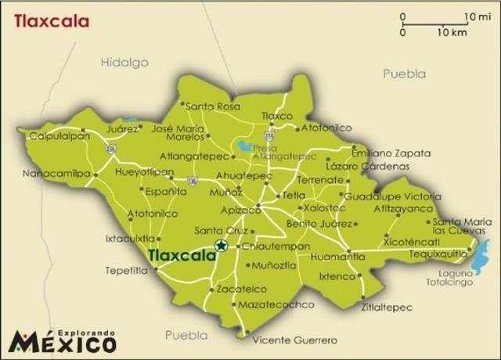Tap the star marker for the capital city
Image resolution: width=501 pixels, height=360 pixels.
(221, 247)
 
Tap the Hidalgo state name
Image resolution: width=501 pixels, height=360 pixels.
(124, 61)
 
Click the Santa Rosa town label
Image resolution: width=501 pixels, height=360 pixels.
(212, 106)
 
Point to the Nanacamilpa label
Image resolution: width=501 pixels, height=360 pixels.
(56, 173)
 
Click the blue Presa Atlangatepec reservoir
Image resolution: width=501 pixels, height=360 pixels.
(246, 146)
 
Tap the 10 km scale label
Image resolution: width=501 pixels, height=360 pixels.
(452, 33)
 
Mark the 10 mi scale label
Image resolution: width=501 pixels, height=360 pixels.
(476, 16)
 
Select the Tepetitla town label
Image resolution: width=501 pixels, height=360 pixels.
(126, 271)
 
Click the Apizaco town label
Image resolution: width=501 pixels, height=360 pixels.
(241, 211)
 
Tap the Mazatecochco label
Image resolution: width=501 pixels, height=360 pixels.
(276, 304)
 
